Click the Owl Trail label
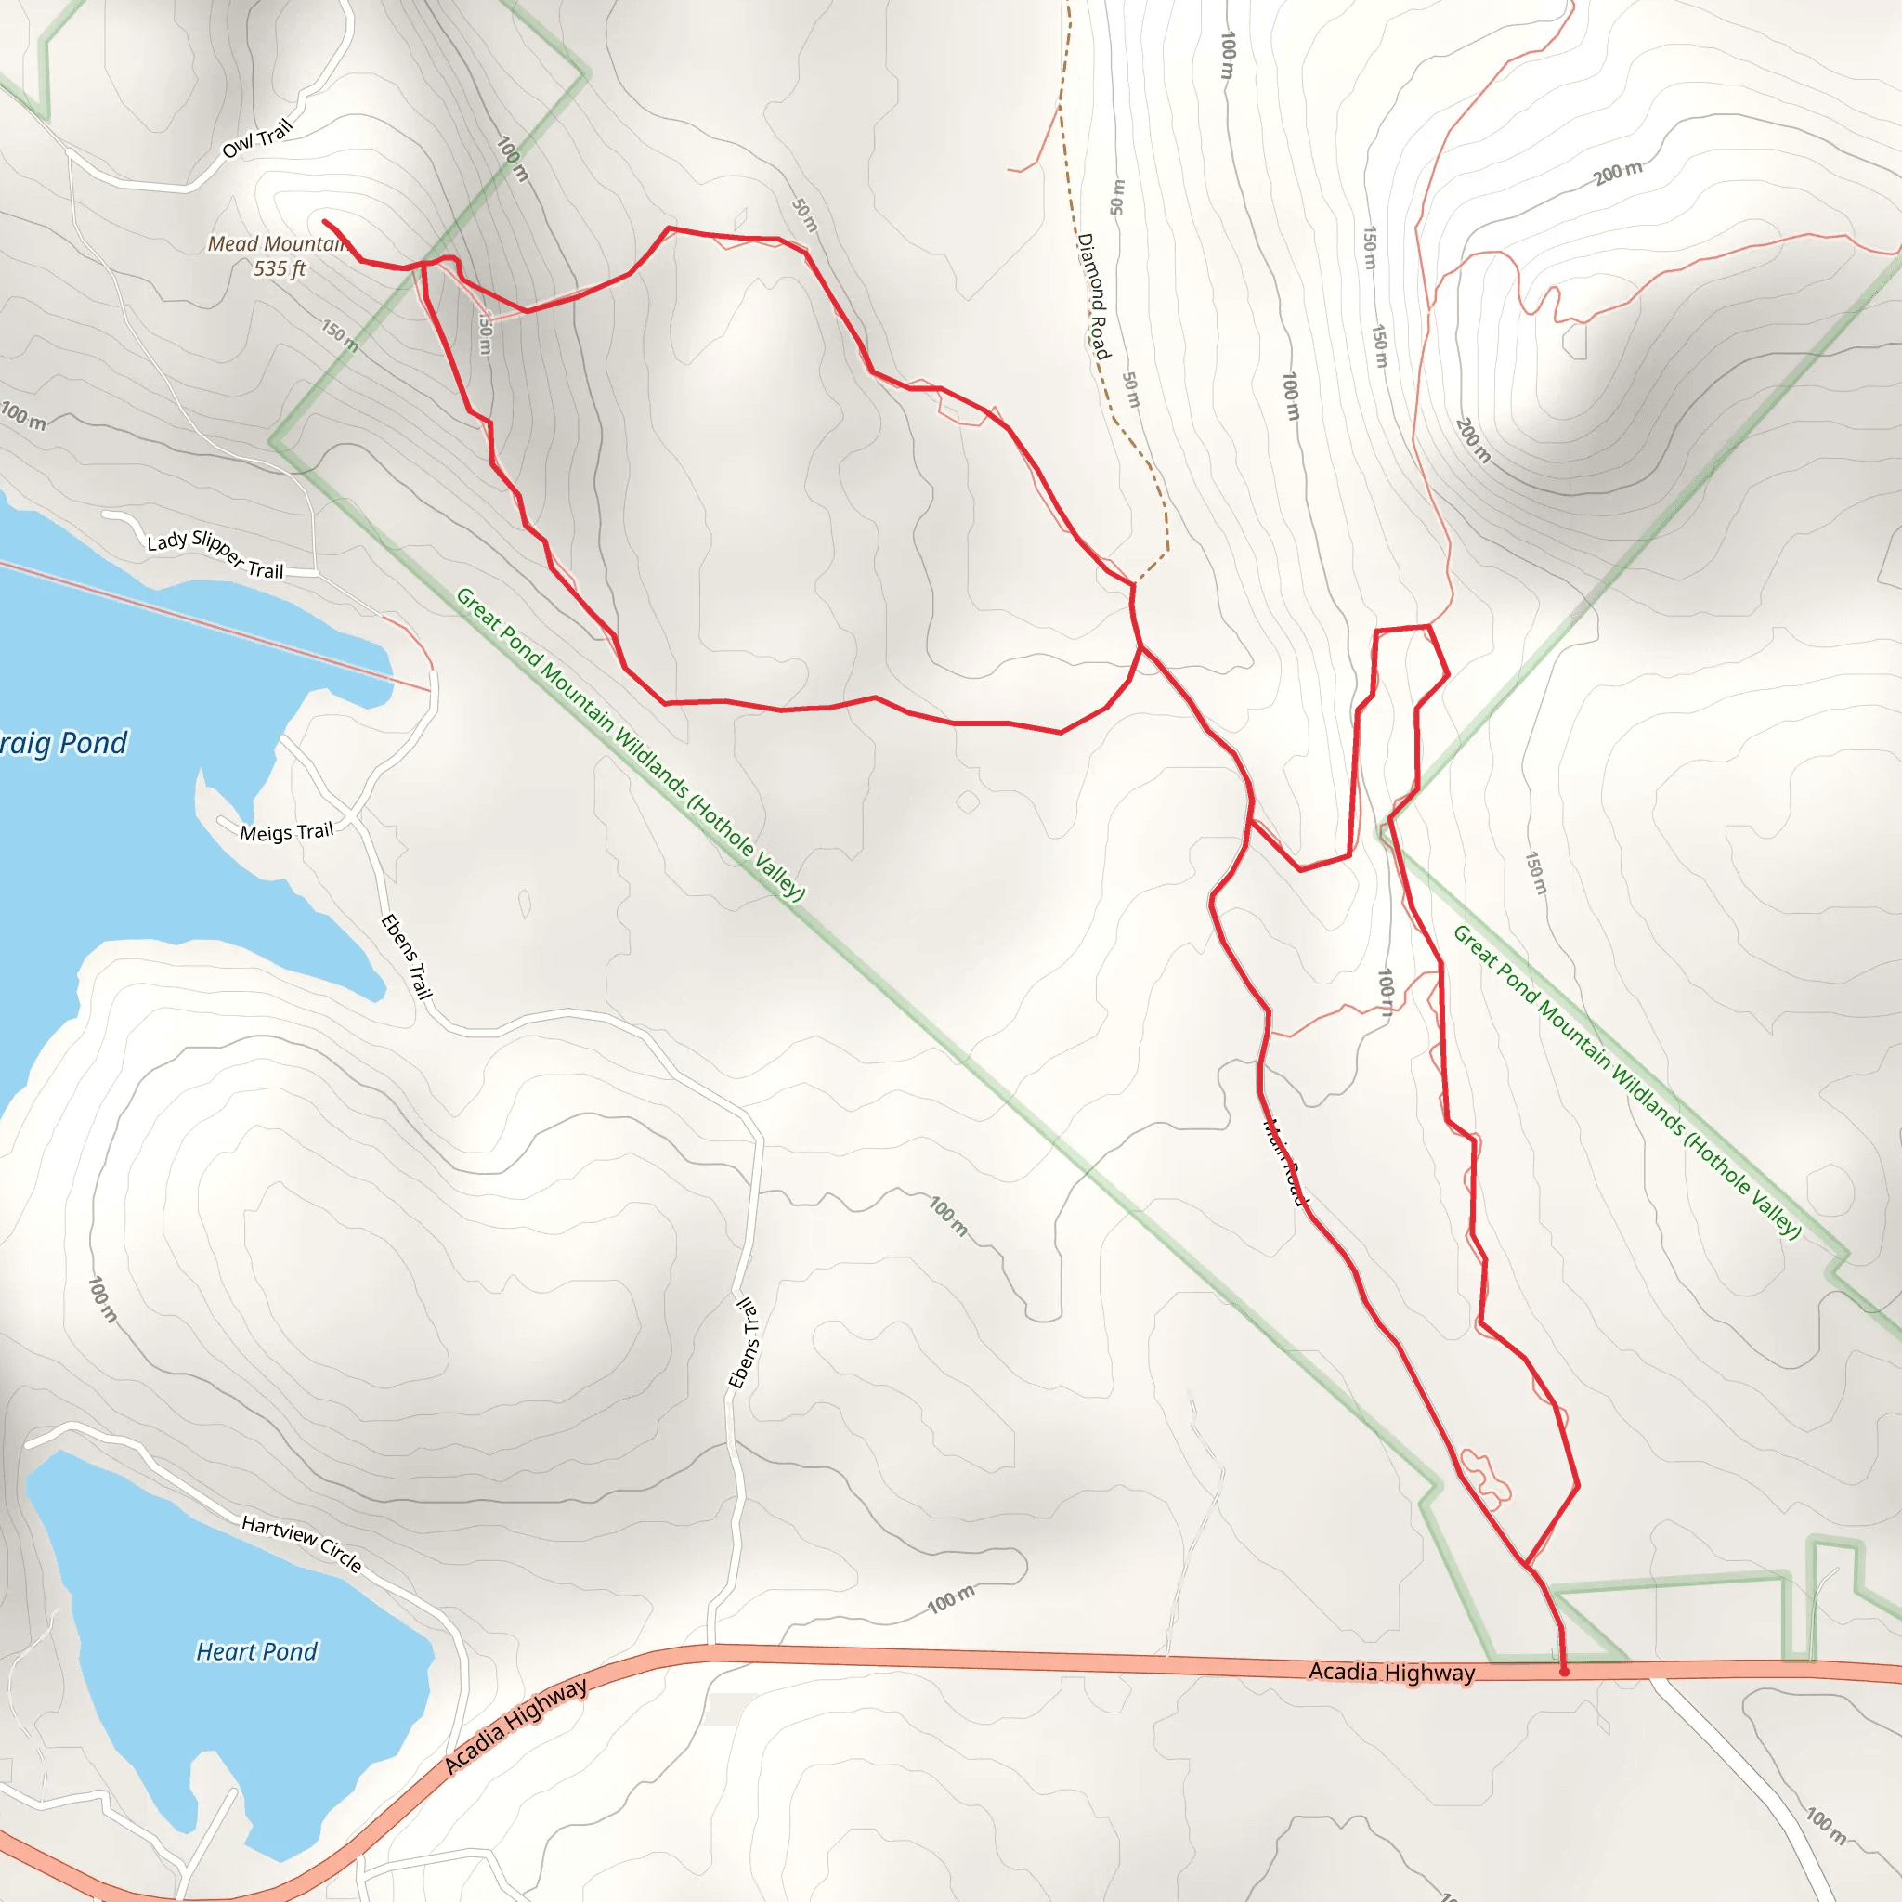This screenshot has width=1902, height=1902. pos(258,138)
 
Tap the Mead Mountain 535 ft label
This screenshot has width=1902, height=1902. pos(279,256)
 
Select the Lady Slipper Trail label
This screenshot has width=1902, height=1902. pos(215,555)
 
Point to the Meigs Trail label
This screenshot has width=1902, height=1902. pos(286,832)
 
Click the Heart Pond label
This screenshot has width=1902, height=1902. pos(257,1651)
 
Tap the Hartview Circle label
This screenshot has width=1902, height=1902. pos(302,1543)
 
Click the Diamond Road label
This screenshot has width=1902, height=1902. pos(1094,295)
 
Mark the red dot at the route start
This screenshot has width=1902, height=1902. pos(1564,1671)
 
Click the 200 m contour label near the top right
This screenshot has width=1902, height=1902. pos(1619,173)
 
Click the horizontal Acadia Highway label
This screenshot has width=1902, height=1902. pos(1391,1672)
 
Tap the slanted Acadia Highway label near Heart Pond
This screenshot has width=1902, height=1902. pos(515,1725)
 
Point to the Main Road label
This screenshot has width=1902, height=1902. pos(1285,1162)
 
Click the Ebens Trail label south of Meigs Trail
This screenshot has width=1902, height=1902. pos(407,956)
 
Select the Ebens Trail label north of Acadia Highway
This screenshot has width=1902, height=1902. pos(744,1343)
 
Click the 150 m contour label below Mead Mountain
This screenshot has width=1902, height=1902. pos(340,334)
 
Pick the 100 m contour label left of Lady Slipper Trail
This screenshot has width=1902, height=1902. pos(23,415)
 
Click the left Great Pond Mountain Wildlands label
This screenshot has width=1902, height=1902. pos(630,743)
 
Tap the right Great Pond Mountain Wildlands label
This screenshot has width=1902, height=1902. pos(1626,1081)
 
